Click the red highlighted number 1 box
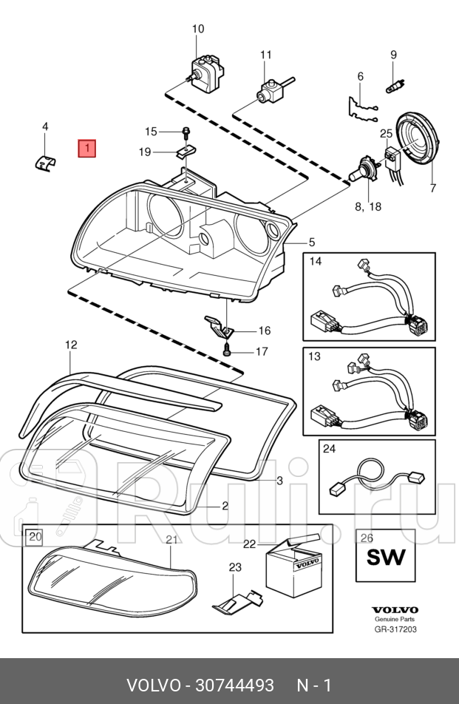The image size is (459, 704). point(87,149)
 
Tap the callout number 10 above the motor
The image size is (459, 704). point(198,30)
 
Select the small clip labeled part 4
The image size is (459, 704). point(46,161)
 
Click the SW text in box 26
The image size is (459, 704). point(386,556)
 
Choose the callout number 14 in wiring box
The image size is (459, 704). point(316,261)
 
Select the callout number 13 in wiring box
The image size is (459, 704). point(315,356)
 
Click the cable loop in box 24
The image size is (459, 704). point(370,473)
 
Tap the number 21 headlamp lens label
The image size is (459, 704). point(171,540)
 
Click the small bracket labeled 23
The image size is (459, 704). point(236,600)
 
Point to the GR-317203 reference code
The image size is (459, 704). point(395,630)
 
